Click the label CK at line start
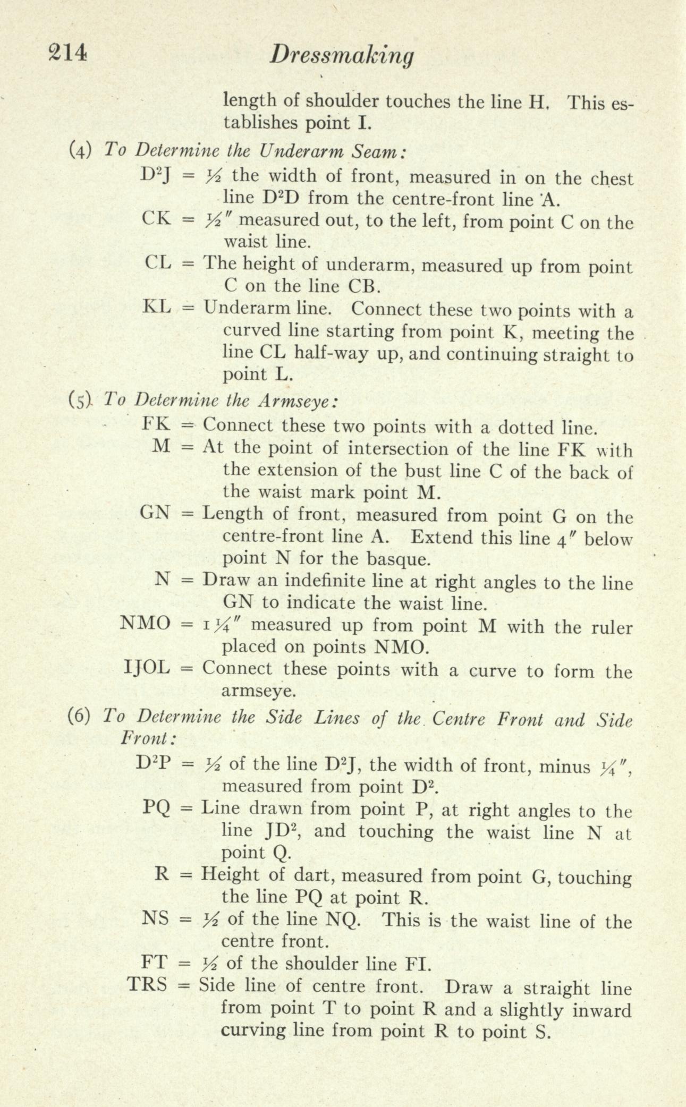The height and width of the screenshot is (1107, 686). (x=156, y=218)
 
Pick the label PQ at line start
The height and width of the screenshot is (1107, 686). (x=156, y=808)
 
